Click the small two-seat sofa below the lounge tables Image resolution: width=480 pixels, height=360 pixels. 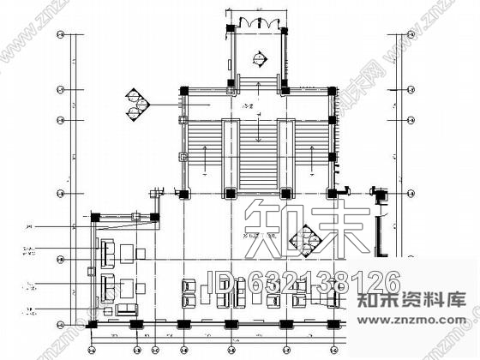click(127, 309)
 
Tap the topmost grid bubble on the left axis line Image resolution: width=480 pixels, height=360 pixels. click(59, 37)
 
